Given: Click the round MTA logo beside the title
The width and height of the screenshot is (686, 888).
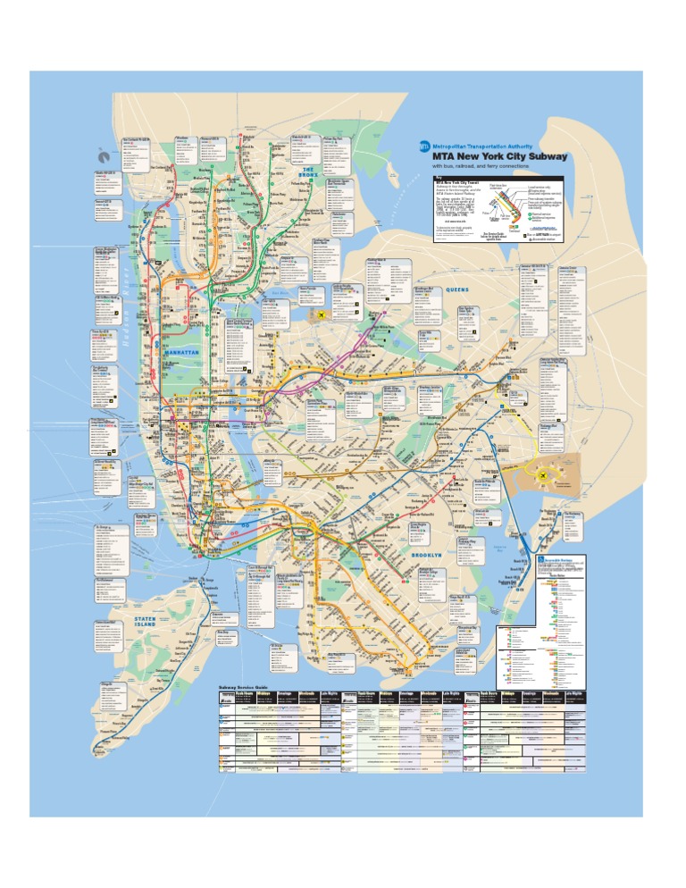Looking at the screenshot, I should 424,147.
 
